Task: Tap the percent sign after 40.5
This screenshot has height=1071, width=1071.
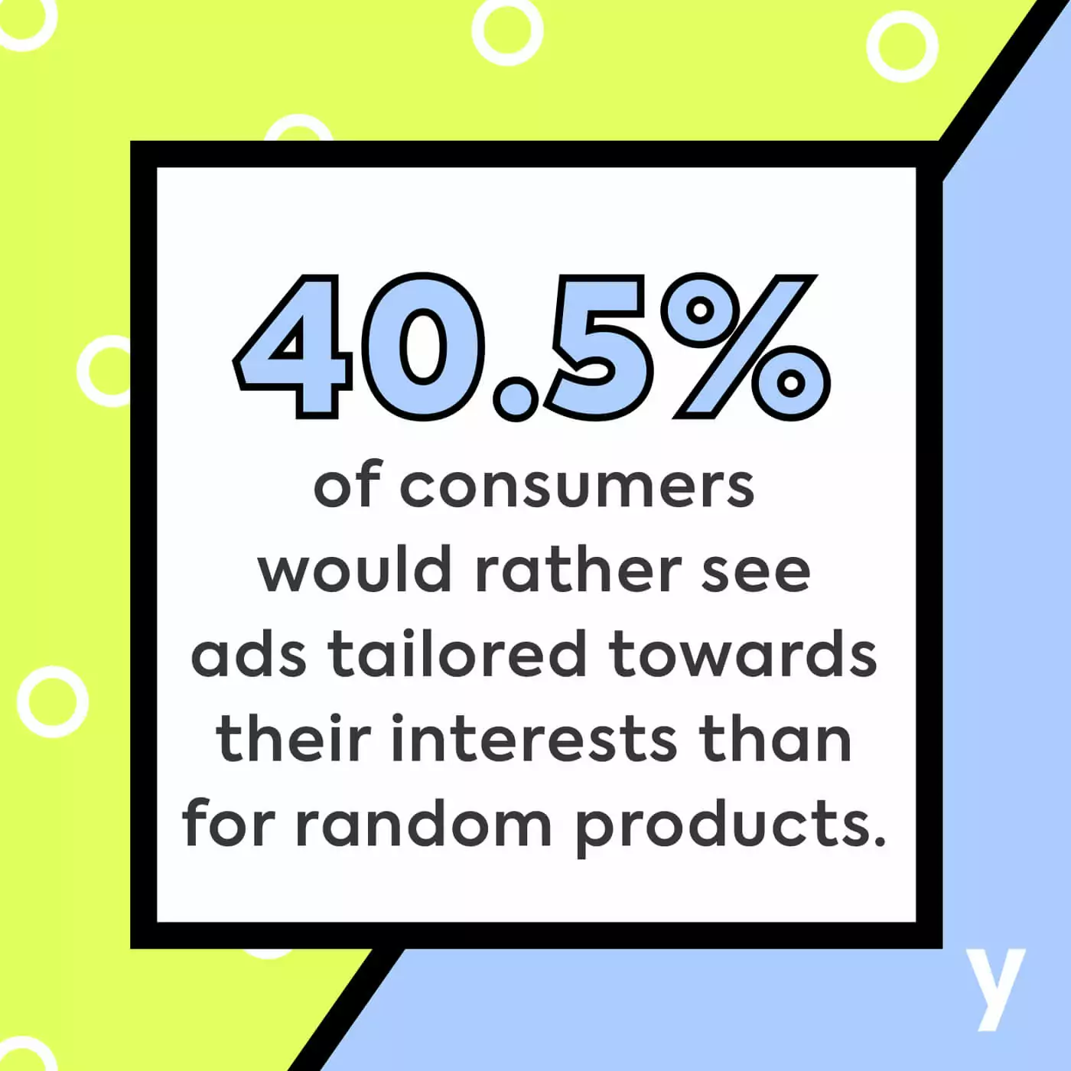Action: click(x=745, y=347)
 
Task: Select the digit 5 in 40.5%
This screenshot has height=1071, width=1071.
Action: click(x=597, y=347)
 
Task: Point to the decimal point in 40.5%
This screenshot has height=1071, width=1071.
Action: click(x=516, y=398)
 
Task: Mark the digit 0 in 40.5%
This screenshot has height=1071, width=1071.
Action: click(x=423, y=347)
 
